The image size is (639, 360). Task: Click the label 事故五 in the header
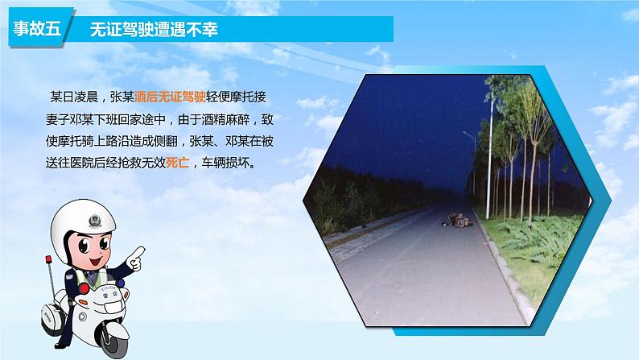click(38, 30)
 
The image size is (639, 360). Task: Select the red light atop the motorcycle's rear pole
click(49, 259)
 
